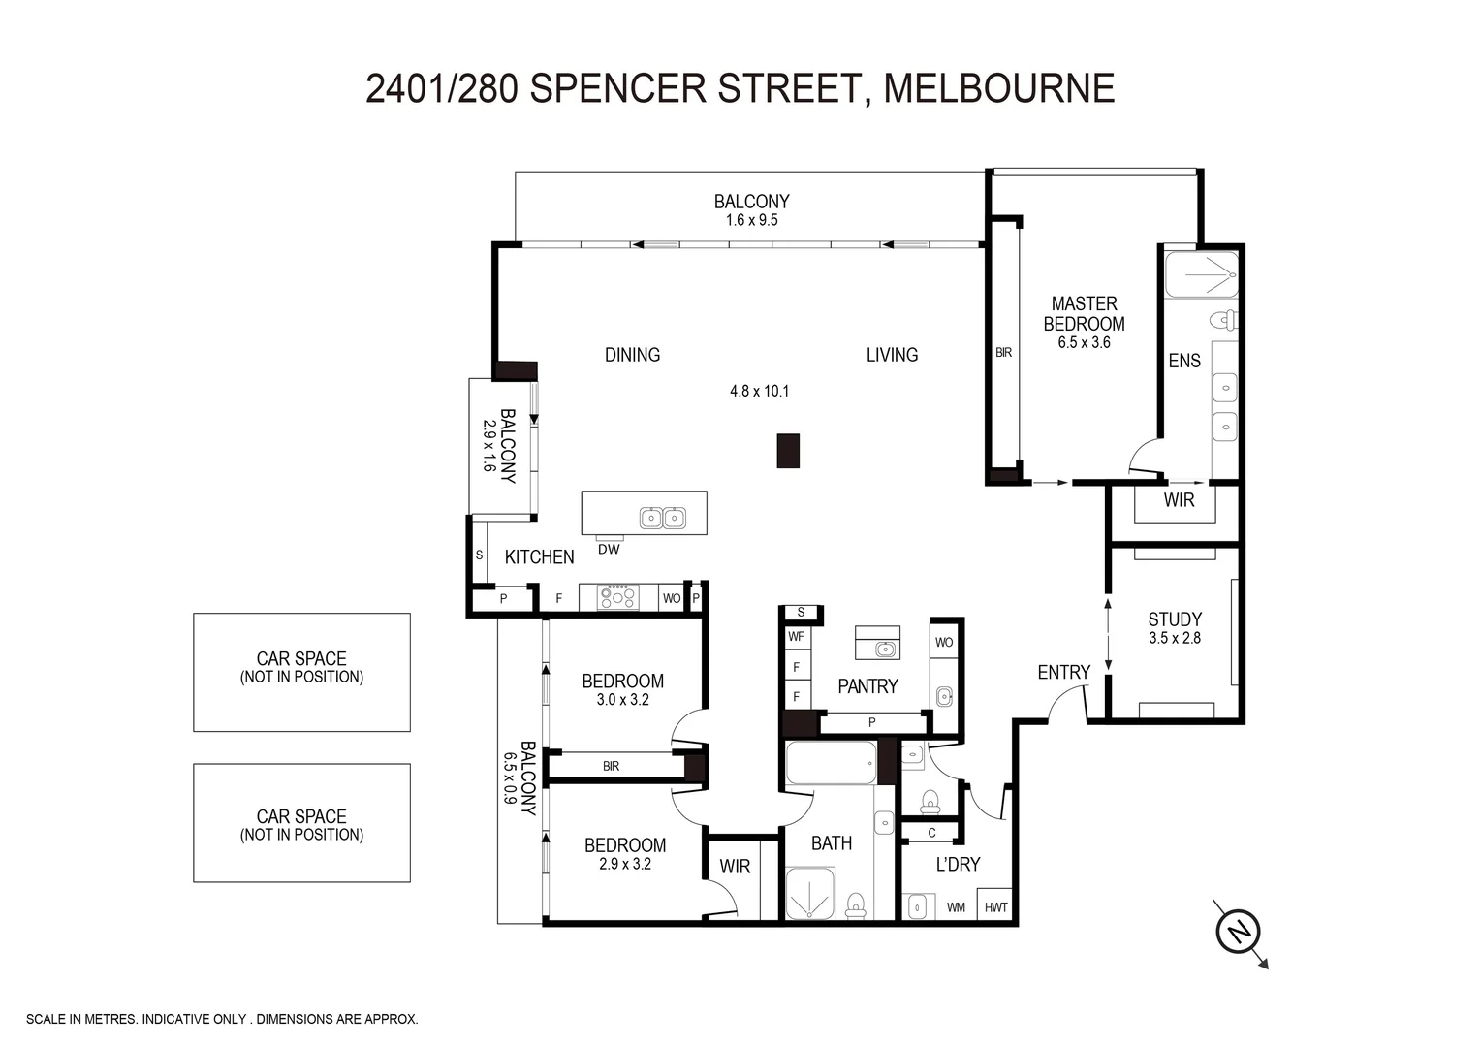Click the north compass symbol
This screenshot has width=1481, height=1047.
coord(1239,932)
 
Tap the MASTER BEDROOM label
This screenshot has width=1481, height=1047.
coord(1084,313)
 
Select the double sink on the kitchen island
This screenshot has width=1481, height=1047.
coord(663,519)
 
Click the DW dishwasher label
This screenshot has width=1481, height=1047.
coord(609,550)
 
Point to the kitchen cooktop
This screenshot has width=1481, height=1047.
coord(618,597)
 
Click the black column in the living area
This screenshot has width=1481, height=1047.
coord(788,451)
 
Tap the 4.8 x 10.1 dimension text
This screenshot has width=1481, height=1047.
coord(759,392)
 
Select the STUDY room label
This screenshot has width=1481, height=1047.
coord(1175,619)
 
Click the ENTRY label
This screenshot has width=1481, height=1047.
coord(1063,672)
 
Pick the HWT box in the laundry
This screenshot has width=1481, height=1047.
coord(995,907)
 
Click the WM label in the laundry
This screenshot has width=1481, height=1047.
coord(956,908)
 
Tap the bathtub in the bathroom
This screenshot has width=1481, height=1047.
coord(831,764)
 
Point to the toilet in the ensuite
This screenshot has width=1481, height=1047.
coord(1225,320)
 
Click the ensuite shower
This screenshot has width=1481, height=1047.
coord(1202,274)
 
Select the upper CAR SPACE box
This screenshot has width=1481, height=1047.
coord(301,672)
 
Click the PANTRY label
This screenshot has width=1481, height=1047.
coord(867,686)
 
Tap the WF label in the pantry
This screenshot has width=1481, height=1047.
coord(796,637)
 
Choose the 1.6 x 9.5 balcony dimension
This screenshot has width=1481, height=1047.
coord(751,221)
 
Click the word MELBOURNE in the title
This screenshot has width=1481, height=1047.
coord(999,88)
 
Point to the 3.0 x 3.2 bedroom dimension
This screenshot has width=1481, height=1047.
coord(622,700)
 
